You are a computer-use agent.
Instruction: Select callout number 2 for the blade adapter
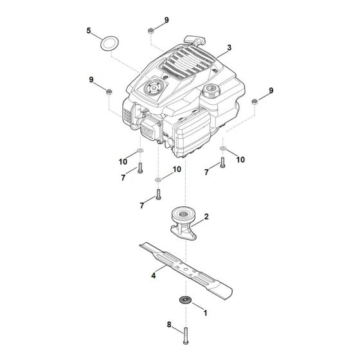(x=206, y=219)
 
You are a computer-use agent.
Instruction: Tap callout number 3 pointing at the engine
(x=228, y=48)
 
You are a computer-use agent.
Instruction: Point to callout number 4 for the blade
(x=154, y=275)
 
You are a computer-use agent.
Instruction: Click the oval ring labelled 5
(x=107, y=45)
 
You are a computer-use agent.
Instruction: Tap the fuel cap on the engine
(x=211, y=91)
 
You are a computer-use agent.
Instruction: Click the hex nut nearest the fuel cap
(x=255, y=101)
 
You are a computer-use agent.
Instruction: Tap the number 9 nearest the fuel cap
(x=271, y=91)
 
